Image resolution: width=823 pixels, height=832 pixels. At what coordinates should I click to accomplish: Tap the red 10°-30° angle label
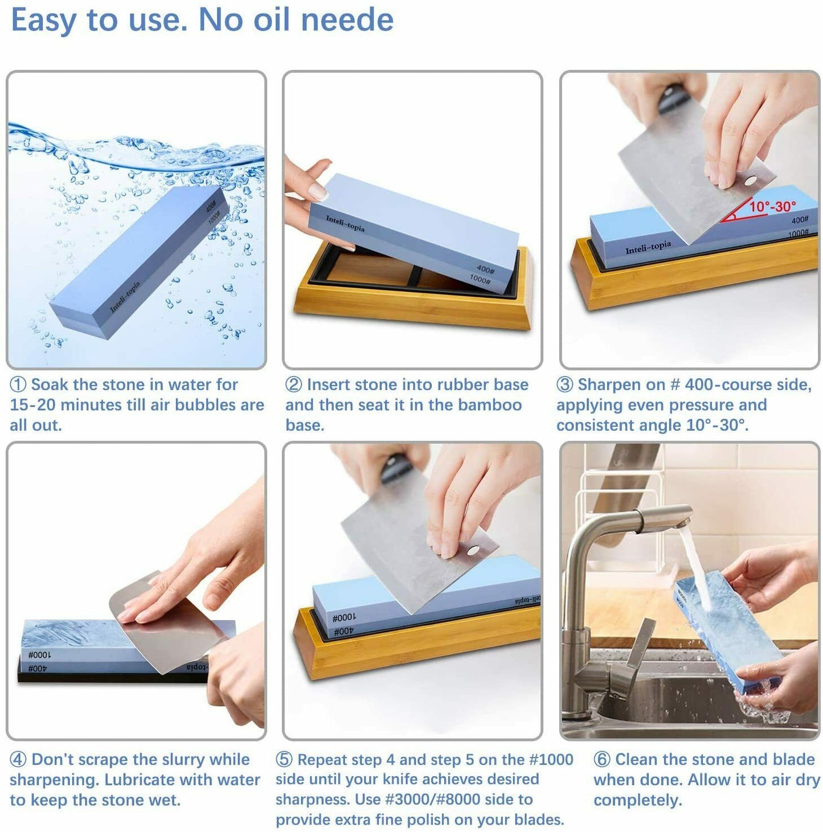[x=772, y=206]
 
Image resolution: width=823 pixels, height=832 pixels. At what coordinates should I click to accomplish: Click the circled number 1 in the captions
[x=18, y=385]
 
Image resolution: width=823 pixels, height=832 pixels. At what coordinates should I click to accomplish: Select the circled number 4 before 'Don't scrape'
[x=18, y=760]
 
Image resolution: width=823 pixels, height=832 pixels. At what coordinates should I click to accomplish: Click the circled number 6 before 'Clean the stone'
[x=601, y=760]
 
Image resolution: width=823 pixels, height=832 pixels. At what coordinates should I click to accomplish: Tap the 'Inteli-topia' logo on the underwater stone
[x=124, y=297]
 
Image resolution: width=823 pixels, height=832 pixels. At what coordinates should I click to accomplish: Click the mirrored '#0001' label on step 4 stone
[x=40, y=655]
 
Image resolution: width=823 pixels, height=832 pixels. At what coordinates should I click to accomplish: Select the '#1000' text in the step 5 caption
[x=551, y=760]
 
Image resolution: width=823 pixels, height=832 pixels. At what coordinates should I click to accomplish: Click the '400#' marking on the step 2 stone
[x=485, y=269]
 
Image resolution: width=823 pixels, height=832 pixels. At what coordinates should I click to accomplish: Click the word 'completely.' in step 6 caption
[x=637, y=800]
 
